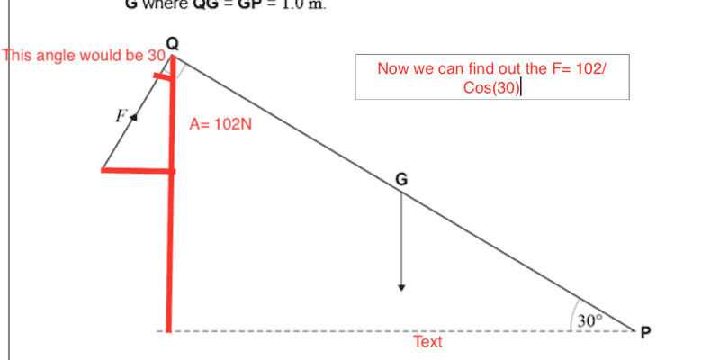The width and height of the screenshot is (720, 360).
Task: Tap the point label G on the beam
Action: [x=401, y=180]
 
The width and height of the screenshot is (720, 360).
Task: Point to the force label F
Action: [x=119, y=114]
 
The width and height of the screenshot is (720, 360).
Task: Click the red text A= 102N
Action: [x=220, y=124]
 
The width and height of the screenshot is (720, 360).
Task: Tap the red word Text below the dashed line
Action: [x=427, y=342]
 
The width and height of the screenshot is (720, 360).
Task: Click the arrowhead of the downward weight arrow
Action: [x=401, y=287]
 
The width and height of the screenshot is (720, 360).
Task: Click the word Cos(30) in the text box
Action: [x=491, y=87]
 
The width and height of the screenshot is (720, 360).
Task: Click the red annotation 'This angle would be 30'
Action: [x=85, y=55]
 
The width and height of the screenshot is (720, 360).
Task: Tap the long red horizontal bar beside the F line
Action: [x=138, y=170]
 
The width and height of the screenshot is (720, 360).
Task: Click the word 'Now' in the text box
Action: [x=393, y=68]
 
